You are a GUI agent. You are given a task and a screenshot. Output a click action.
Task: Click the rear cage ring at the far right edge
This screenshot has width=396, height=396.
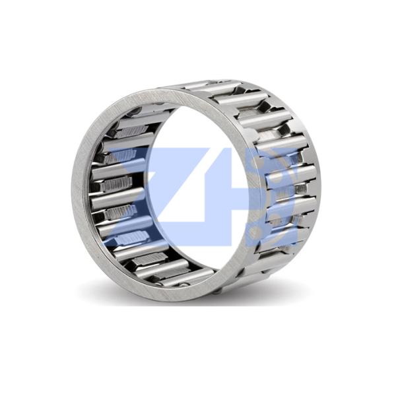[315, 177]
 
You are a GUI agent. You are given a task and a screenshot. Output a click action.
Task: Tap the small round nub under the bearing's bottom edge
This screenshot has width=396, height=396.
[216, 293]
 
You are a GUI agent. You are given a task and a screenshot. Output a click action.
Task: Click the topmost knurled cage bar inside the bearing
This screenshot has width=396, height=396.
[132, 131]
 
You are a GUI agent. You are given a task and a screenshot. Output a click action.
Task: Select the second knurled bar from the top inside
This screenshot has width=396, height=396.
[121, 155]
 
